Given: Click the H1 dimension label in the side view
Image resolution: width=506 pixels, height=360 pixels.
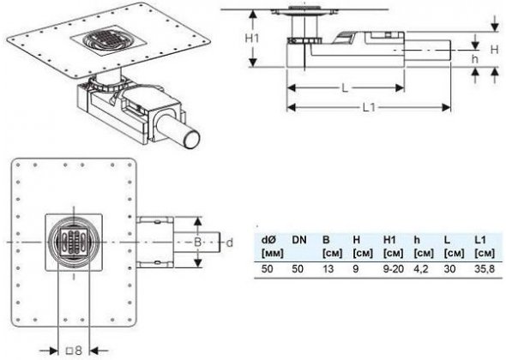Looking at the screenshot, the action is point(252,39).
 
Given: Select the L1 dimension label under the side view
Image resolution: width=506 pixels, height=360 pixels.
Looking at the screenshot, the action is point(369,108).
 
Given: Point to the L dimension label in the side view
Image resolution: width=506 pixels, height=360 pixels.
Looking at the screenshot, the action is point(345,87).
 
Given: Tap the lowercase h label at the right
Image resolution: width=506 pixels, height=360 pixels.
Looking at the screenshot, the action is point(475,59).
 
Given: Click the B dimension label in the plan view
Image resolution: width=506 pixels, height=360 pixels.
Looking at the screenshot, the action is point(197,242).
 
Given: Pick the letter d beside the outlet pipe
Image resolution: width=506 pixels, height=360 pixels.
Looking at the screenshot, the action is point(230,243).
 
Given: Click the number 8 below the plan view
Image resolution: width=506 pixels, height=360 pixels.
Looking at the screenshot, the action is point(78,351).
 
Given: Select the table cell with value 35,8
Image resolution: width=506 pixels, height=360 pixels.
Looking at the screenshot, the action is point(485,268).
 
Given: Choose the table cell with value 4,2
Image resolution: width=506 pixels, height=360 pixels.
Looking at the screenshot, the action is point(421,268).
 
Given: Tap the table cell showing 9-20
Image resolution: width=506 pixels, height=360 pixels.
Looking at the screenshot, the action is point(394,268).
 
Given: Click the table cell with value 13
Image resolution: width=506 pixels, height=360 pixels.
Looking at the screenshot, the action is point(328,268).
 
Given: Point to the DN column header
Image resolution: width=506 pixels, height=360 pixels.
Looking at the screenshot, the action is point(299,240).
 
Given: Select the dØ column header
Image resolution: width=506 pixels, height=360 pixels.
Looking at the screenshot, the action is point(268,240).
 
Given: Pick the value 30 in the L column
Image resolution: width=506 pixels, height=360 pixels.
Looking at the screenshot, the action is point(449,268).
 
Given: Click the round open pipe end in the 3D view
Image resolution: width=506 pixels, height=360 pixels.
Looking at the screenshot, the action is point(192,140).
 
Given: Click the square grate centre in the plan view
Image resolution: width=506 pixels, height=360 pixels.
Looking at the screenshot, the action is point(73,242).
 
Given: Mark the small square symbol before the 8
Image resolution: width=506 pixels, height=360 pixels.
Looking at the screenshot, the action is point(69,351).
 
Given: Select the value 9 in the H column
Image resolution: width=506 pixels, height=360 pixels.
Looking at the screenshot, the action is point(356,268).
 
